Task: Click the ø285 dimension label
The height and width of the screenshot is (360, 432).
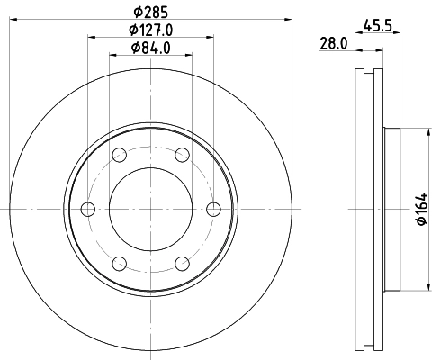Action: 150,12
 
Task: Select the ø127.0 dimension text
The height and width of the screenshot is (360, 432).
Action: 150,30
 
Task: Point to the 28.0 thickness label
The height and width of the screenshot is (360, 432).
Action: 335,43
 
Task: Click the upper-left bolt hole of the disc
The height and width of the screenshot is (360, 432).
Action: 119,156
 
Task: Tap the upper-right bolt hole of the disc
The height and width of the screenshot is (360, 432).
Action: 182,156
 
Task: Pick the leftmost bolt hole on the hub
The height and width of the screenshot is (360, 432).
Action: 87,210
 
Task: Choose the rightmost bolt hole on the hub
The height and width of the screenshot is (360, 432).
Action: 213,210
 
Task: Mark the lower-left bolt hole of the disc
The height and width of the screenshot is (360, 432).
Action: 119,264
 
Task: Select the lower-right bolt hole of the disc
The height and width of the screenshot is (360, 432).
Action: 182,264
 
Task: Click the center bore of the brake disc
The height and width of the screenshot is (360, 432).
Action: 150,210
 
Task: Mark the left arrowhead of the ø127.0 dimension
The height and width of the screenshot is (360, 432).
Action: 92,36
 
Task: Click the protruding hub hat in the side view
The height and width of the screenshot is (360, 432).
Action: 391,210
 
